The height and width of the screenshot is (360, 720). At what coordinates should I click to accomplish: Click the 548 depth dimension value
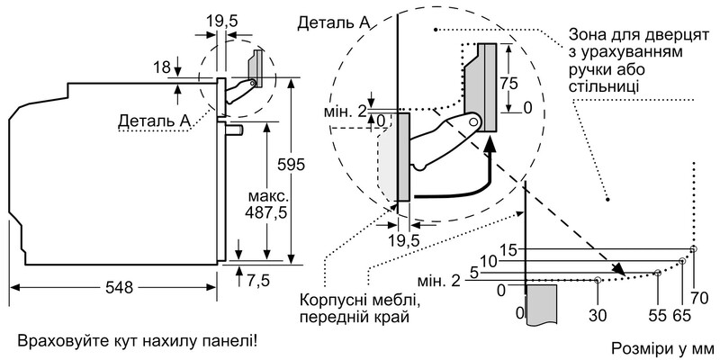click(118, 288)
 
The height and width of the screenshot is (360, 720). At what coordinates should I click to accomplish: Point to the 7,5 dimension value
click(258, 280)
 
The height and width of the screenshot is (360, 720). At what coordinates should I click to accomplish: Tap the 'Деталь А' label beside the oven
click(154, 120)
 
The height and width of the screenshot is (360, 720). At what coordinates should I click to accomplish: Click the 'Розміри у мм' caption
click(661, 347)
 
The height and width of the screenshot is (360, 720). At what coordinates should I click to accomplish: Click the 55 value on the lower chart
click(658, 316)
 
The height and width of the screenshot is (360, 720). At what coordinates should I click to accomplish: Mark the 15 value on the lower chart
click(509, 249)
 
